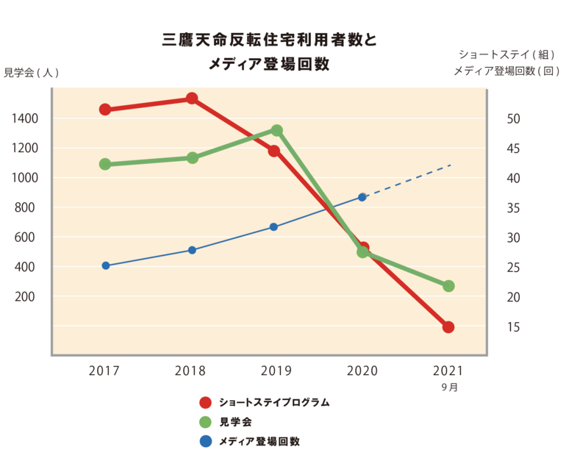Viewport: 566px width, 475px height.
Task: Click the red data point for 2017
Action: coord(105,110)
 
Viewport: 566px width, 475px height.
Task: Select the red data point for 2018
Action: coord(192,99)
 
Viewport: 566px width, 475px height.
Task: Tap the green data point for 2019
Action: coord(277,131)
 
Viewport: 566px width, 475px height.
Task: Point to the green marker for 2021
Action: coord(448,286)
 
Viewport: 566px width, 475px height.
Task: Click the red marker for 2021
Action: coord(448,327)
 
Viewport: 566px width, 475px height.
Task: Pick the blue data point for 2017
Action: coord(105,265)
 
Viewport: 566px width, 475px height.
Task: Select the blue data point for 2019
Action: coord(273,227)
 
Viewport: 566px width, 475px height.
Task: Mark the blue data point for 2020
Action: coord(362,197)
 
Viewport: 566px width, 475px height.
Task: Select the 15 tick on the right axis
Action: coord(514,327)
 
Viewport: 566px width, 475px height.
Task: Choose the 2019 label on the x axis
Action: coord(276,371)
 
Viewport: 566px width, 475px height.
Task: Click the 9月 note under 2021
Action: coord(449,387)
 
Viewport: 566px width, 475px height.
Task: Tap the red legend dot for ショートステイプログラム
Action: coord(206,403)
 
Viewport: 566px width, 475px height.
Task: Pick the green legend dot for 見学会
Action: coord(206,422)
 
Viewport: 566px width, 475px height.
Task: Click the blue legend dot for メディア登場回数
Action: coord(206,441)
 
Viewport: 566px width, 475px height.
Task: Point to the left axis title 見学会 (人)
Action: coord(31,72)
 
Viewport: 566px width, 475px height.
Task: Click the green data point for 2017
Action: coord(105,165)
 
